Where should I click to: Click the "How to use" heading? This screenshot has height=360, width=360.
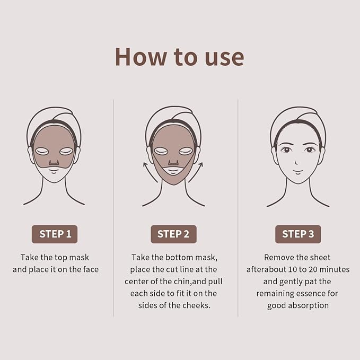[x=179, y=56]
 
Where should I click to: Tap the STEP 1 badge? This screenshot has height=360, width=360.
[x=55, y=234]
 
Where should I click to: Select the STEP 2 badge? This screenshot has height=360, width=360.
[x=173, y=234]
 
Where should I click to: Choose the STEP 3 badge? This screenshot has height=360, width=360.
[x=297, y=234]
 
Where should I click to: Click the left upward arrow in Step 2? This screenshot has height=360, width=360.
[x=148, y=172]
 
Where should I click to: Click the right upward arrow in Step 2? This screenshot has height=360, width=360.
[x=197, y=172]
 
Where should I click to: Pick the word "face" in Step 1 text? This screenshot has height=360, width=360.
[x=90, y=269]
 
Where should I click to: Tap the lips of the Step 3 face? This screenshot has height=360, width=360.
[x=297, y=171]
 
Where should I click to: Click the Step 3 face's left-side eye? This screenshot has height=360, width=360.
[x=286, y=150]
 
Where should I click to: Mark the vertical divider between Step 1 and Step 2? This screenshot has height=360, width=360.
[x=113, y=207]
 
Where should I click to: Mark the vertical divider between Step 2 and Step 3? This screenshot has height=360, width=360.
[x=238, y=207]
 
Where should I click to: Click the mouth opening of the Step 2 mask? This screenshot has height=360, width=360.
[x=173, y=171]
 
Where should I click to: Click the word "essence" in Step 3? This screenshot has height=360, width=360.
[x=325, y=293]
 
